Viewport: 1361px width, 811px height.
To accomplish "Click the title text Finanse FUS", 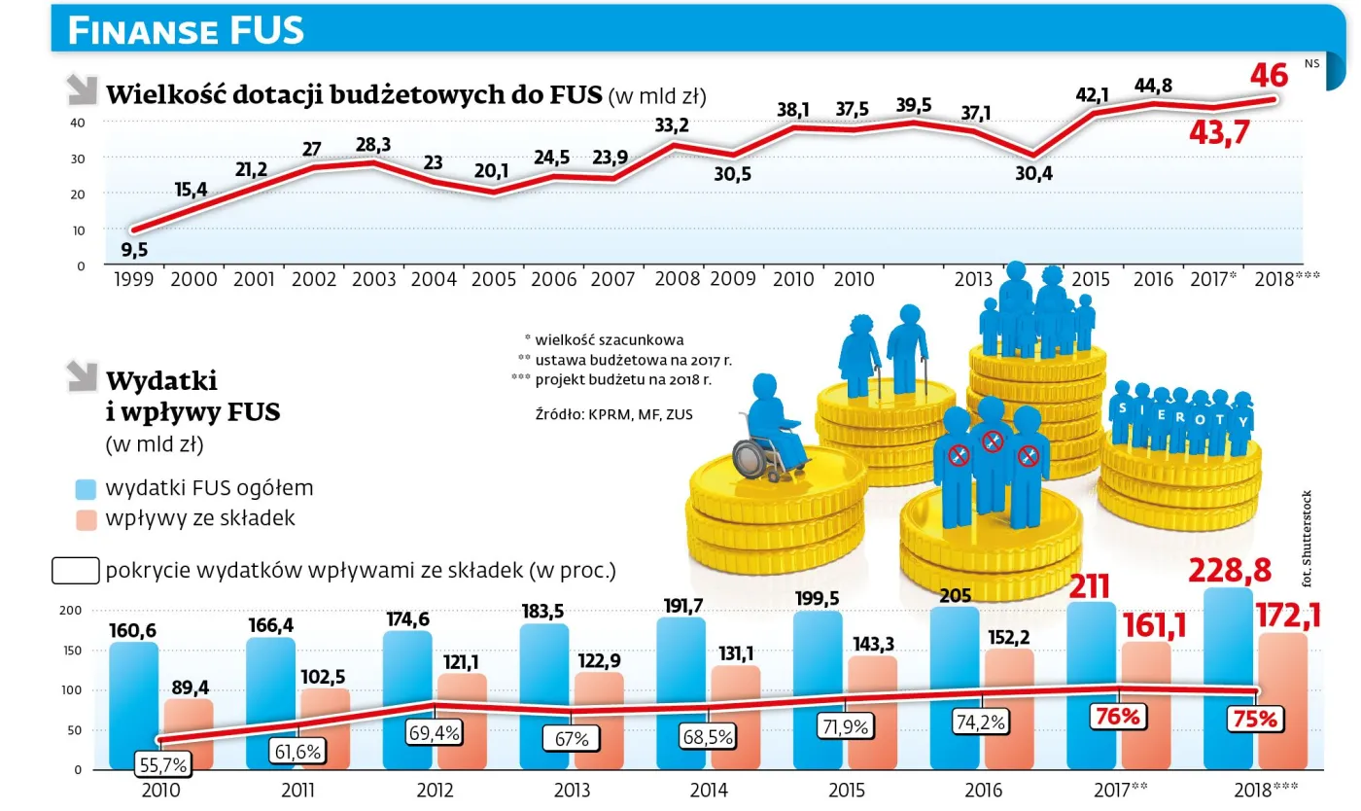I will pyautogui.click(x=186, y=30).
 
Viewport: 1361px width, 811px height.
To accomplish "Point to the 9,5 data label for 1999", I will pyautogui.click(x=134, y=250).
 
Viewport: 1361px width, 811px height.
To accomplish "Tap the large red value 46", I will pyautogui.click(x=1269, y=75).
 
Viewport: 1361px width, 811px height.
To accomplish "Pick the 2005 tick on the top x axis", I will pyautogui.click(x=493, y=280).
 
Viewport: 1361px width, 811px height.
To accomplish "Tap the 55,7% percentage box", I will pyautogui.click(x=163, y=764).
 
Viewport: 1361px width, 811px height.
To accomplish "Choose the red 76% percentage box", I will pyautogui.click(x=1118, y=717).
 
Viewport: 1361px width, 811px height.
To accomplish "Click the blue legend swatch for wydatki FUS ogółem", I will pyautogui.click(x=86, y=488).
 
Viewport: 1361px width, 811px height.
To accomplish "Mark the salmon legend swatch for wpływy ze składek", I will pyautogui.click(x=86, y=518).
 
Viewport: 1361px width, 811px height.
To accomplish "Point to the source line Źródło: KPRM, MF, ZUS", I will pyautogui.click(x=613, y=415).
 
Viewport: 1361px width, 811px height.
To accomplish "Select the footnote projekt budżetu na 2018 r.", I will pyautogui.click(x=622, y=379).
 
